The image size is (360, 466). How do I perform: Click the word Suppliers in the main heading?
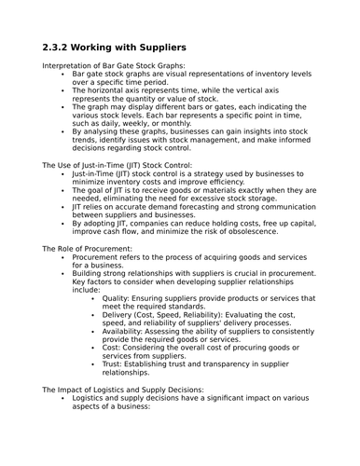[x=156, y=46]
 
